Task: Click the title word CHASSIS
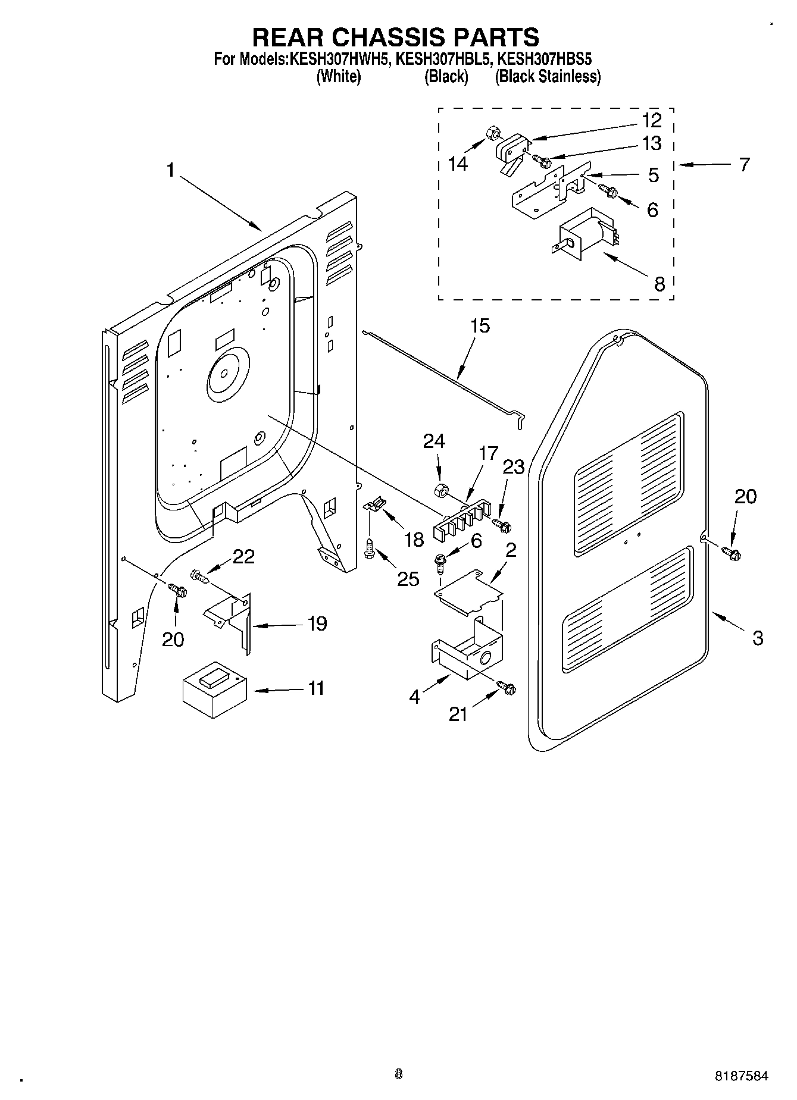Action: [386, 37]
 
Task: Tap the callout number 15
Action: [480, 326]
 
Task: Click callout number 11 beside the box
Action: [316, 688]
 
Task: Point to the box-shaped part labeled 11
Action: [214, 688]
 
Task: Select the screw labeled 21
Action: [507, 688]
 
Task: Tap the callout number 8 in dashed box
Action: [659, 284]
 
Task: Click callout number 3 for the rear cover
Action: [757, 638]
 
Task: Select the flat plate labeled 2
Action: [468, 590]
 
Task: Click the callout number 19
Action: [317, 623]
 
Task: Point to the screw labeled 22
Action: [199, 576]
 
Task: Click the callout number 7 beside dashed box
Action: [744, 165]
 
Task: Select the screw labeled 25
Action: [368, 547]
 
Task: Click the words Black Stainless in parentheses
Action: [548, 77]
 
